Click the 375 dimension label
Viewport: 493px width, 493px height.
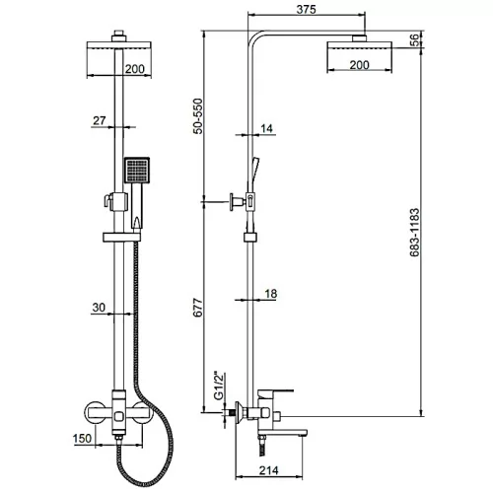[306, 9]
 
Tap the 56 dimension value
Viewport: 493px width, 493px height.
[415, 39]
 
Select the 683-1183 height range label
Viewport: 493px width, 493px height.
[415, 232]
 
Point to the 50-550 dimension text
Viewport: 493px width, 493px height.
[197, 116]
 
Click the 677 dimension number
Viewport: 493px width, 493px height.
[197, 308]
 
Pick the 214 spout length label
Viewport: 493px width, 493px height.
[268, 470]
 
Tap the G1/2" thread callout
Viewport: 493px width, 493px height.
[219, 387]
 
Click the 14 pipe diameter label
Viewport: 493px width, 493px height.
[266, 128]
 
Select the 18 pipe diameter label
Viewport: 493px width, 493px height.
[270, 294]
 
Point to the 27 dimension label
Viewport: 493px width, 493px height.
[100, 120]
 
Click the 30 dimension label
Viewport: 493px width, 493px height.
[99, 308]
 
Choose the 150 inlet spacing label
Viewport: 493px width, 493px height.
[82, 438]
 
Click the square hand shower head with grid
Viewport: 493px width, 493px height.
[137, 170]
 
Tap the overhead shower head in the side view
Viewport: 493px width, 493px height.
[359, 46]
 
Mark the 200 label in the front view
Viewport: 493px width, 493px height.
[135, 69]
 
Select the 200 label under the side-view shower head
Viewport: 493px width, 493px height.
[359, 65]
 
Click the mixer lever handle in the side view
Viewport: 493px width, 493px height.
[275, 393]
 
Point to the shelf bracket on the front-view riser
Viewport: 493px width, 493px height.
[122, 238]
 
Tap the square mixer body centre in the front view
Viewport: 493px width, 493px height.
[119, 417]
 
